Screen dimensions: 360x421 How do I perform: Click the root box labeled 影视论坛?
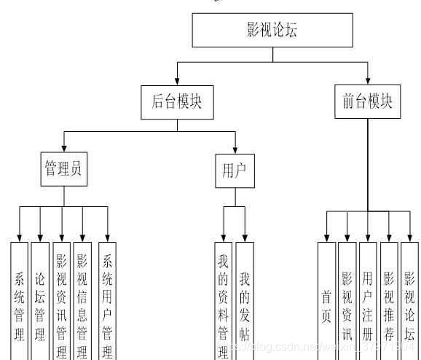(272, 31)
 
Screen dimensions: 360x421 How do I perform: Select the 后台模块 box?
(177, 103)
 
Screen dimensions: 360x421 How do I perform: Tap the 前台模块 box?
(367, 102)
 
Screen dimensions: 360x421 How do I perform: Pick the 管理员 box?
(63, 170)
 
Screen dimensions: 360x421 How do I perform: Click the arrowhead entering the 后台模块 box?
(177, 81)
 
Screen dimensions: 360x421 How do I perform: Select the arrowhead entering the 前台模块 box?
(367, 80)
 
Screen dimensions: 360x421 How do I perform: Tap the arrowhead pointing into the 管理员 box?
(63, 148)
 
